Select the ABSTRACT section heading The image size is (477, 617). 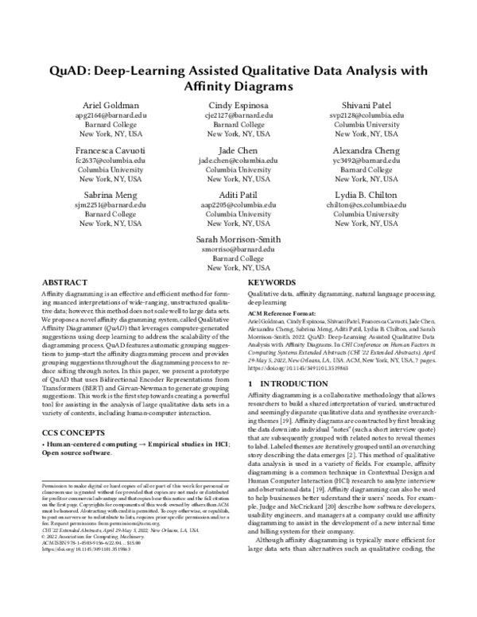click(x=64, y=282)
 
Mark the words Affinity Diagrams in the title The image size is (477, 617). click(x=238, y=85)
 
